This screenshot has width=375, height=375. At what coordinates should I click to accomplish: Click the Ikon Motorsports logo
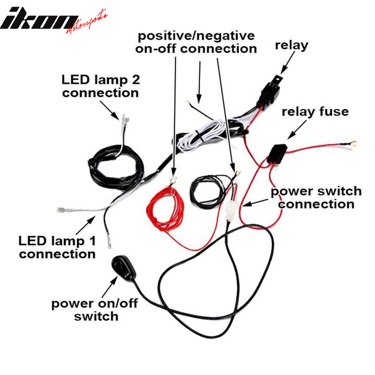point(54,19)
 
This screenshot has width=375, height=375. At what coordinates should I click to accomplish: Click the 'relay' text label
point(291,45)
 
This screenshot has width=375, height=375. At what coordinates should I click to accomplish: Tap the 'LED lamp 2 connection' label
point(100,86)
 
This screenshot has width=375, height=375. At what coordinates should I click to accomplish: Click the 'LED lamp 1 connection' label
point(57,247)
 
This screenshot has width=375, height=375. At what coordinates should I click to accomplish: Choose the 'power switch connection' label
point(317,197)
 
